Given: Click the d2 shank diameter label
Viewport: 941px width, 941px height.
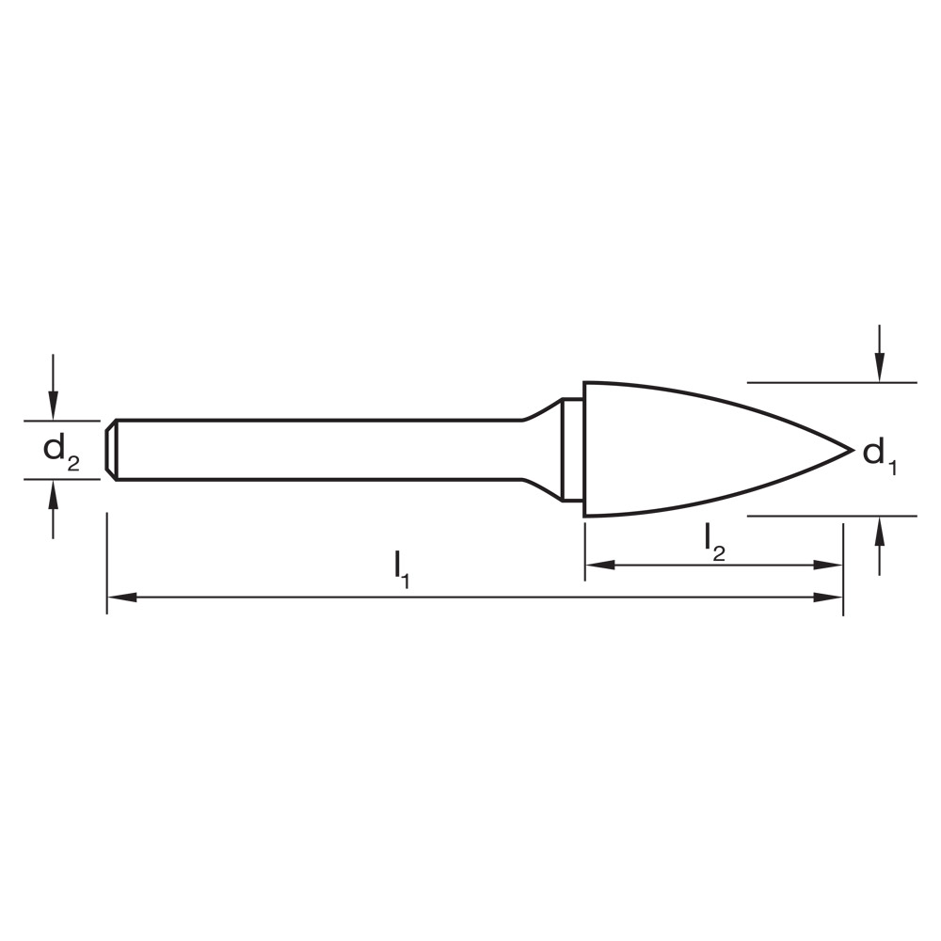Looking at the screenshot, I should point(61,451).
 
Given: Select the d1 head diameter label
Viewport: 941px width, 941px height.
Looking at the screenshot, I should point(879,455).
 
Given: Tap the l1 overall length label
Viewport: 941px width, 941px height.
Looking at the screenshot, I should point(402,566).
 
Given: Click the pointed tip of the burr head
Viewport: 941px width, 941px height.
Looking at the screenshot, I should point(850,450).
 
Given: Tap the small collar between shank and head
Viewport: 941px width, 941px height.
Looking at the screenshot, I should point(572,450).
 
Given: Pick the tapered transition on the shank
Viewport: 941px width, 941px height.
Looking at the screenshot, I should point(541,450).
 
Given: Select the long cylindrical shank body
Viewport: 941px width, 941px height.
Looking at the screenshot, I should point(320,450).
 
